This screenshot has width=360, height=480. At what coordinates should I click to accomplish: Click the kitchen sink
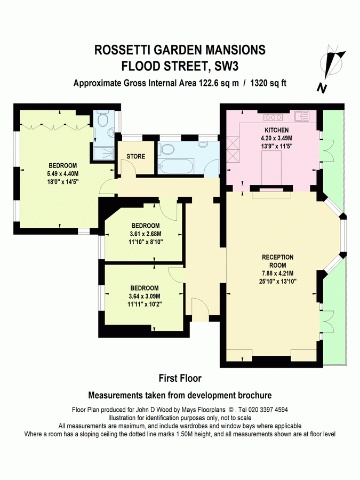coord(301,116)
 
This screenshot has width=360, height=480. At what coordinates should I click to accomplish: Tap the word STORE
coord(136,156)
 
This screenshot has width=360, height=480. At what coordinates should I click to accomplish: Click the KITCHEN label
coord(277,130)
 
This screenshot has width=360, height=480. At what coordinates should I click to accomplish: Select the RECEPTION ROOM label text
coord(278,261)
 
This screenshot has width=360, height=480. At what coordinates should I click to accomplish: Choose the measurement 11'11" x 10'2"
coord(145,304)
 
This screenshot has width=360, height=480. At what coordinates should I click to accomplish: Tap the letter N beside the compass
coord(321,88)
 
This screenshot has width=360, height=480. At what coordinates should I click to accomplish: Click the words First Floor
coord(180,378)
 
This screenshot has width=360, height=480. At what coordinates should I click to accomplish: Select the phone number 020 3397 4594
coord(266,410)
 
